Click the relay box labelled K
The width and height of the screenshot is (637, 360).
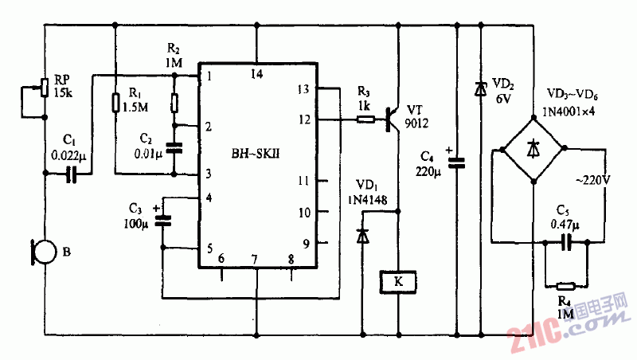click(x=397, y=281)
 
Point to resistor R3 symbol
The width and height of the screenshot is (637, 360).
click(x=365, y=119)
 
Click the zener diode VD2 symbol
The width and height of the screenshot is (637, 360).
click(x=480, y=90)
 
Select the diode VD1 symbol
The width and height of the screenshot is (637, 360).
click(x=362, y=235)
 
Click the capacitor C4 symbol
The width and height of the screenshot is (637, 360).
click(x=456, y=162)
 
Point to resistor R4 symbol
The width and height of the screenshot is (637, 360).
click(x=565, y=285)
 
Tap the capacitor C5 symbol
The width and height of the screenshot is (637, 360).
click(x=566, y=241)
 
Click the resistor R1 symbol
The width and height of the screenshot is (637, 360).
click(x=115, y=103)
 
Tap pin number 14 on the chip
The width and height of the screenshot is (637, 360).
click(x=256, y=74)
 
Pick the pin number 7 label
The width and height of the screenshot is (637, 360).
click(x=255, y=259)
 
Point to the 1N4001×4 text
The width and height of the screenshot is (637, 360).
click(x=576, y=112)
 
